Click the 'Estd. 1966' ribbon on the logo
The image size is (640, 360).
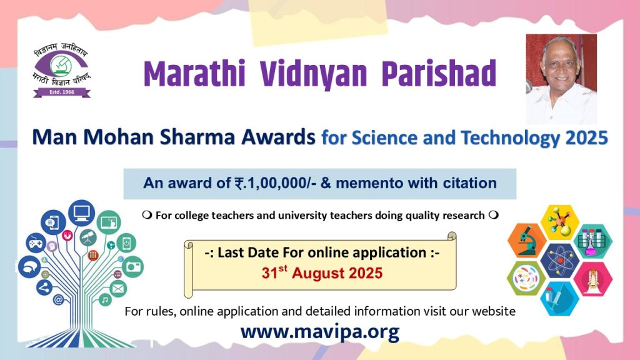pyautogui.click(x=62, y=92)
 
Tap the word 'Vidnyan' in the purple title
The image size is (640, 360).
pyautogui.click(x=313, y=74)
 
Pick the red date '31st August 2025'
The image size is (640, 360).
pyautogui.click(x=322, y=272)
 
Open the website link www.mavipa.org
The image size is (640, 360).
pyautogui.click(x=319, y=331)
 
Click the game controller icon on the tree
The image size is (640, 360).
pyautogui.click(x=36, y=243)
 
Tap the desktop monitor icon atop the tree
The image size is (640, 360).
pyautogui.click(x=82, y=212)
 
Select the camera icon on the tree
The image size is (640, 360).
pyautogui.click(x=132, y=266)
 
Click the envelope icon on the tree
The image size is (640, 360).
pyautogui.click(x=118, y=289)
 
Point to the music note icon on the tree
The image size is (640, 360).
pyautogui.click(x=105, y=301)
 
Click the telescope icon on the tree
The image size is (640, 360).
pyautogui.click(x=87, y=237)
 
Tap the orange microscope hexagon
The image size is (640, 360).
pyautogui.click(x=527, y=240)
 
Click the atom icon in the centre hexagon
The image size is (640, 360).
pyautogui.click(x=560, y=259)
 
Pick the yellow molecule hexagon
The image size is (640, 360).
pyautogui.click(x=560, y=222)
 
